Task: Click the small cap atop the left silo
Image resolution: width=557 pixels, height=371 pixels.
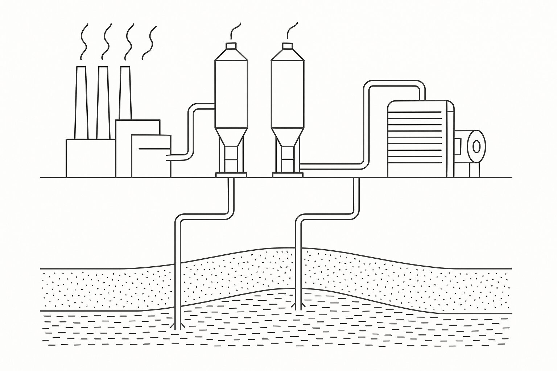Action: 231,46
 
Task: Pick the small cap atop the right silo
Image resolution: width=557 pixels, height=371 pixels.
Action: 287,46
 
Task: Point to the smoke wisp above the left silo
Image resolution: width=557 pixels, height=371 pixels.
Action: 235,30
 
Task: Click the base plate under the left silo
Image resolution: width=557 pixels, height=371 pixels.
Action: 231,175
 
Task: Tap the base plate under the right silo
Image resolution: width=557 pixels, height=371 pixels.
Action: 287,175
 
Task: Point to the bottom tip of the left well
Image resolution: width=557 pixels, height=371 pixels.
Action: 178,328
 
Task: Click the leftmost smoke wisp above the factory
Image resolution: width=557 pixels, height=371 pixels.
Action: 84,42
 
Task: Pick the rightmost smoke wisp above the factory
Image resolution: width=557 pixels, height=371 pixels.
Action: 149,43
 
